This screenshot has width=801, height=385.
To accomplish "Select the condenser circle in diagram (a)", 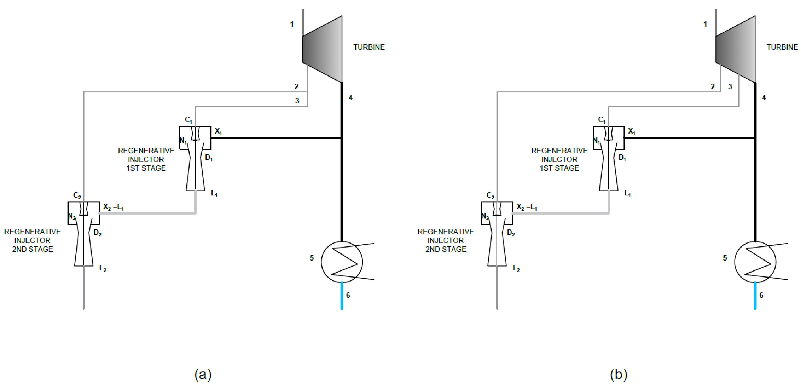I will tap(342, 262).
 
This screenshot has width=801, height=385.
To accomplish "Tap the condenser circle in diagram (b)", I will tap(755, 262).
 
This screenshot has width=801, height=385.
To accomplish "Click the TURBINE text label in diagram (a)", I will tap(369, 47).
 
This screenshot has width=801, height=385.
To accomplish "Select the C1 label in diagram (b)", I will tap(602, 120).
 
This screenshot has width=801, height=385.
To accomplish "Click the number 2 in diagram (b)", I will tap(713, 86).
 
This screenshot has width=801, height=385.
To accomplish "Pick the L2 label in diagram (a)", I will tap(103, 268).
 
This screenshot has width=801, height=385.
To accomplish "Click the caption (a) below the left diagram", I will tap(203, 374).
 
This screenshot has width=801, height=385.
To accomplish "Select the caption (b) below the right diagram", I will tap(619, 374).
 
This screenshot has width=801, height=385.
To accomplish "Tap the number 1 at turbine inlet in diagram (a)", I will tap(292, 24).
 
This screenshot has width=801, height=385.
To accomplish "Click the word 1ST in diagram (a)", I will tap(133, 168).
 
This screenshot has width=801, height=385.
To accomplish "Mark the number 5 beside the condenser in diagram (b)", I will tap(725, 258).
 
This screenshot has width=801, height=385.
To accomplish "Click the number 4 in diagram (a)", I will tap(350, 97).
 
